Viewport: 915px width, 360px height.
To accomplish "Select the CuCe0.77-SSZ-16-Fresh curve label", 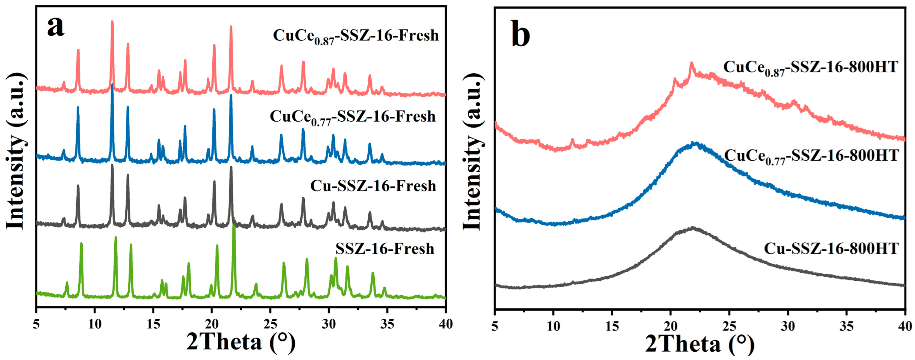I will coord(353,117).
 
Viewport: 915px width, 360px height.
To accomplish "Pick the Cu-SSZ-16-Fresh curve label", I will coord(373,186).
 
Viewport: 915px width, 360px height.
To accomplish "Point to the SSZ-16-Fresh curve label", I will coord(385,249).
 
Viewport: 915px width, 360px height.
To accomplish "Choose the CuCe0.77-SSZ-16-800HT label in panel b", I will coord(811,156).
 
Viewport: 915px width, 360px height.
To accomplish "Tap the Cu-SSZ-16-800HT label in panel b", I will coord(831,249).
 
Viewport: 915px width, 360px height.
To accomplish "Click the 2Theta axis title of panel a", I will coord(241,343).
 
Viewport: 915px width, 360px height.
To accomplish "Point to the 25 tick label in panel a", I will coord(270,324).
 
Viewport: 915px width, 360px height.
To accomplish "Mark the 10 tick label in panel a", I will coord(94,324).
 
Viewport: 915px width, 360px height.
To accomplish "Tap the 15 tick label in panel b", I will coord(612,325).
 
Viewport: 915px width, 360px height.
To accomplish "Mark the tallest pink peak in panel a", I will coord(112,22).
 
